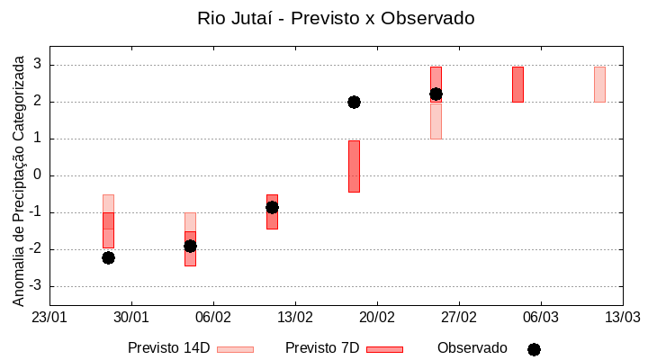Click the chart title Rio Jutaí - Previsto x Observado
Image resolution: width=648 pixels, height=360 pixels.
pyautogui.click(x=336, y=18)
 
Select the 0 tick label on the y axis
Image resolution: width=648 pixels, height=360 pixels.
pyautogui.click(x=38, y=175)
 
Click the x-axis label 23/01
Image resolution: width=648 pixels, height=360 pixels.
pyautogui.click(x=49, y=318)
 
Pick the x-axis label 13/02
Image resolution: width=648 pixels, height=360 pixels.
pyautogui.click(x=295, y=318)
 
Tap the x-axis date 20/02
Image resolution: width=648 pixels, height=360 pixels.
pyautogui.click(x=377, y=318)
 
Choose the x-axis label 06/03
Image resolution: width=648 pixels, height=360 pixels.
pyautogui.click(x=540, y=318)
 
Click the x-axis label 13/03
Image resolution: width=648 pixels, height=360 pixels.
pyautogui.click(x=622, y=318)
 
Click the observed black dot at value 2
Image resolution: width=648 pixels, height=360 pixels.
pyautogui.click(x=354, y=102)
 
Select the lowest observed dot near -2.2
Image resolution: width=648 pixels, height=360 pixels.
pyautogui.click(x=108, y=257)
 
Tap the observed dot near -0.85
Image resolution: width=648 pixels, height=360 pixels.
pyautogui.click(x=272, y=207)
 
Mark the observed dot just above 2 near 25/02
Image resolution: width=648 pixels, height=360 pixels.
pyautogui.click(x=436, y=94)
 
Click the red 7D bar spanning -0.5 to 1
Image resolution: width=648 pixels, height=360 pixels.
pyautogui.click(x=354, y=166)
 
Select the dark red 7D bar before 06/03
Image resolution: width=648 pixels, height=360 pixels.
pyautogui.click(x=517, y=84)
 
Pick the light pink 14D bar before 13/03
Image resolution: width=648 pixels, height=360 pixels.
pyautogui.click(x=599, y=84)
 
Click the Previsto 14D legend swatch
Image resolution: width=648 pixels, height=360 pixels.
pyautogui.click(x=235, y=348)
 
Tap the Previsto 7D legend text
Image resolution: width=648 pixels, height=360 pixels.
pyautogui.click(x=322, y=348)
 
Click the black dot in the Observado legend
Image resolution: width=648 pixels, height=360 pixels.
pyautogui.click(x=534, y=349)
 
